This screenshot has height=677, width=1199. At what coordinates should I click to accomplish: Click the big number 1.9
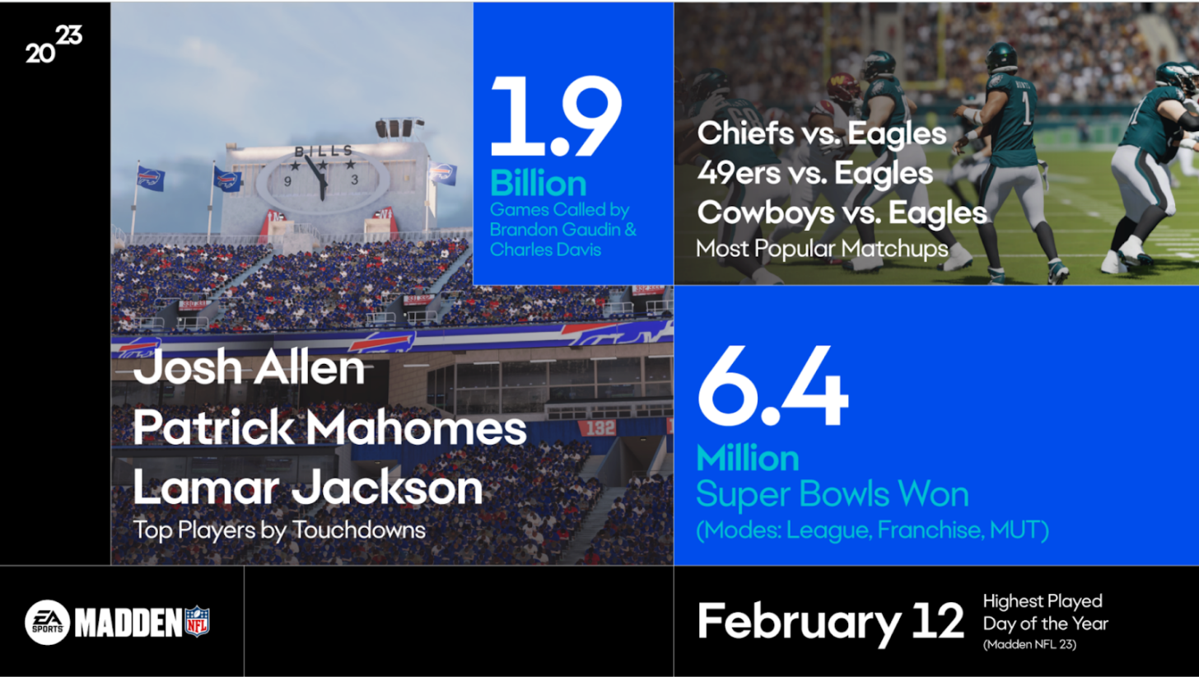pyautogui.click(x=556, y=116)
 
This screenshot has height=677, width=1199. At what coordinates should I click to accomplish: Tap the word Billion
pyautogui.click(x=538, y=184)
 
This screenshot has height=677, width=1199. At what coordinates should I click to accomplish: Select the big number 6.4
pyautogui.click(x=772, y=386)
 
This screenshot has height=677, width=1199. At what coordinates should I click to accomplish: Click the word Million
pyautogui.click(x=747, y=459)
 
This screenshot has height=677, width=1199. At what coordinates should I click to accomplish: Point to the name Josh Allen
pyautogui.click(x=249, y=367)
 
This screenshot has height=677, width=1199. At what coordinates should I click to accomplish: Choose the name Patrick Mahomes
pyautogui.click(x=329, y=427)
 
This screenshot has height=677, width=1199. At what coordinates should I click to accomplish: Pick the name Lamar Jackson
pyautogui.click(x=308, y=487)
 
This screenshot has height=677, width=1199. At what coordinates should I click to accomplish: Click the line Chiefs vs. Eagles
pyautogui.click(x=822, y=133)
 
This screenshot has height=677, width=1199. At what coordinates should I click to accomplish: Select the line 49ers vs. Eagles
pyautogui.click(x=814, y=173)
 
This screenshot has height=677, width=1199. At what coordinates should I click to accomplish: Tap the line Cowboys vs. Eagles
pyautogui.click(x=842, y=212)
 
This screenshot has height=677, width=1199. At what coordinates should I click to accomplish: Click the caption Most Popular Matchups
pyautogui.click(x=822, y=249)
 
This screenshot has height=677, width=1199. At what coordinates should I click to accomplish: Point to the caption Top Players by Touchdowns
pyautogui.click(x=279, y=530)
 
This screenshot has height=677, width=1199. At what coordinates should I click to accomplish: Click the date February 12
pyautogui.click(x=831, y=623)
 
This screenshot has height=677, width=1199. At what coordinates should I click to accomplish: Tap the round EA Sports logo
pyautogui.click(x=48, y=622)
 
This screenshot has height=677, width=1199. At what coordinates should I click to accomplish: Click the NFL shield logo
pyautogui.click(x=198, y=621)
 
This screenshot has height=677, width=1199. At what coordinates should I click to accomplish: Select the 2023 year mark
pyautogui.click(x=54, y=44)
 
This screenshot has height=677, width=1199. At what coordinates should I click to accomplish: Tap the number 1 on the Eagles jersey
pyautogui.click(x=1026, y=108)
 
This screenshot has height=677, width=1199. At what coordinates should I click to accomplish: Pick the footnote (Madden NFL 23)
pyautogui.click(x=1029, y=644)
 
